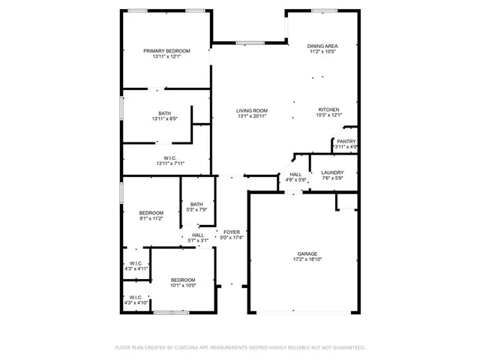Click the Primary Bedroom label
pos(166,51)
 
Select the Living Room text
pos(252,110)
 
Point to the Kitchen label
pos(328,109)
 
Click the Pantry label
pos(346,142)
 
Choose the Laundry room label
pos(331,172)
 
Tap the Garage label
pos(307,255)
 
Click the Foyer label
pos(232,232)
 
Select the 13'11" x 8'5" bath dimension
pos(164,118)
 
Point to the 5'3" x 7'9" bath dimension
pos(196,209)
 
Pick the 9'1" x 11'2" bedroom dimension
pos(151,218)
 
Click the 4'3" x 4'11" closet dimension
pos(136,268)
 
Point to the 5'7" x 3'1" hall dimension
pos(198,240)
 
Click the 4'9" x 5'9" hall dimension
pos(295,180)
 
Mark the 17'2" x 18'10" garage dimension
pos(307,260)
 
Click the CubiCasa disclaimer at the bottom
pos(239,348)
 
